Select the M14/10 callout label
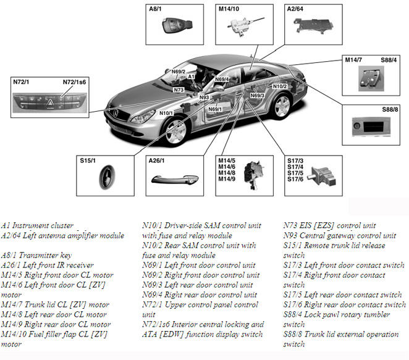click(229, 9)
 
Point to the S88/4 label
click(388, 59)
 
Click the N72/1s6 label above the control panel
click(75, 82)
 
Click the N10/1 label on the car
click(166, 113)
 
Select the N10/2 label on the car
click(280, 86)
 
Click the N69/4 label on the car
click(222, 79)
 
